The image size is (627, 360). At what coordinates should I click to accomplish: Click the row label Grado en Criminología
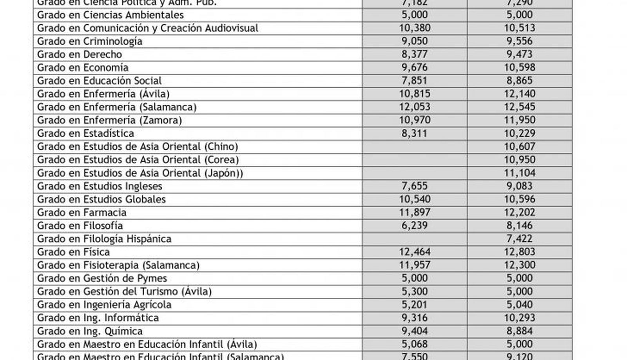point(90,42)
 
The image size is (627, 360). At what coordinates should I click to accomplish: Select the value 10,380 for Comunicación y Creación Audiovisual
point(415,28)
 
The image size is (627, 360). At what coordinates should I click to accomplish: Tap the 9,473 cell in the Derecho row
point(519,54)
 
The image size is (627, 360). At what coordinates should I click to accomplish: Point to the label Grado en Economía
point(83,68)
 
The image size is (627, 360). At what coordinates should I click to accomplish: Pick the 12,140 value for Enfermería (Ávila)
point(519,94)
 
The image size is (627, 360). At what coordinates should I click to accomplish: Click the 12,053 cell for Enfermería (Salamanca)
point(415,107)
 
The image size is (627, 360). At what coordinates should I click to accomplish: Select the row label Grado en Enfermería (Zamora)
point(109,120)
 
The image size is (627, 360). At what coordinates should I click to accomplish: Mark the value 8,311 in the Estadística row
point(415,134)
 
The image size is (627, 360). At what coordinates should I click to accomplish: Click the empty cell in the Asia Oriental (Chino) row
point(415,147)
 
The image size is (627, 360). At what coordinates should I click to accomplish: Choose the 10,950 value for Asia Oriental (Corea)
point(519,160)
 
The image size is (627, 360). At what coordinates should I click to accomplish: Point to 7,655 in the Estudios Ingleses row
point(415,186)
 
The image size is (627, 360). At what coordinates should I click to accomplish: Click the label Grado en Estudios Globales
point(101,199)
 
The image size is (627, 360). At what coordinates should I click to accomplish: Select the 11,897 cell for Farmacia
point(415,213)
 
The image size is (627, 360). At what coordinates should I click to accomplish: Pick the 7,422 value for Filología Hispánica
point(519,239)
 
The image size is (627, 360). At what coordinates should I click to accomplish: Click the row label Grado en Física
point(73,252)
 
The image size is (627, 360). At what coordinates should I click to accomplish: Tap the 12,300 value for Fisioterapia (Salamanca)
point(519,265)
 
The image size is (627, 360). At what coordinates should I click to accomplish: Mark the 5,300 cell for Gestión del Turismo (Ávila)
point(415,291)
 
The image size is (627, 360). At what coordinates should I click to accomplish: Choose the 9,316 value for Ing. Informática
point(415,318)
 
